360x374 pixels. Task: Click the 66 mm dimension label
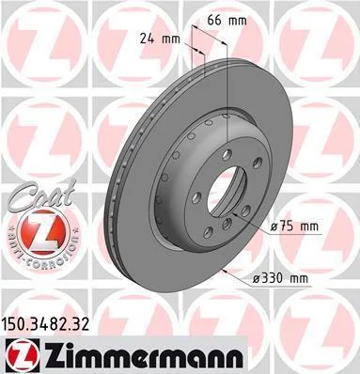pyautogui.click(x=227, y=21)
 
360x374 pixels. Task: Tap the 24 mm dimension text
pyautogui.click(x=160, y=39)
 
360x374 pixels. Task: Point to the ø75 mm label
pyautogui.click(x=294, y=226)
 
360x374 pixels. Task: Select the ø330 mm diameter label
pyautogui.click(x=280, y=278)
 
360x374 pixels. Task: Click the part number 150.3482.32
pyautogui.click(x=46, y=325)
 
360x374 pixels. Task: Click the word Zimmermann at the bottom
pyautogui.click(x=142, y=356)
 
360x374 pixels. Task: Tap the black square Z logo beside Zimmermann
pyautogui.click(x=21, y=355)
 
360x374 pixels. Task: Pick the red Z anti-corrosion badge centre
pyautogui.click(x=44, y=233)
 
